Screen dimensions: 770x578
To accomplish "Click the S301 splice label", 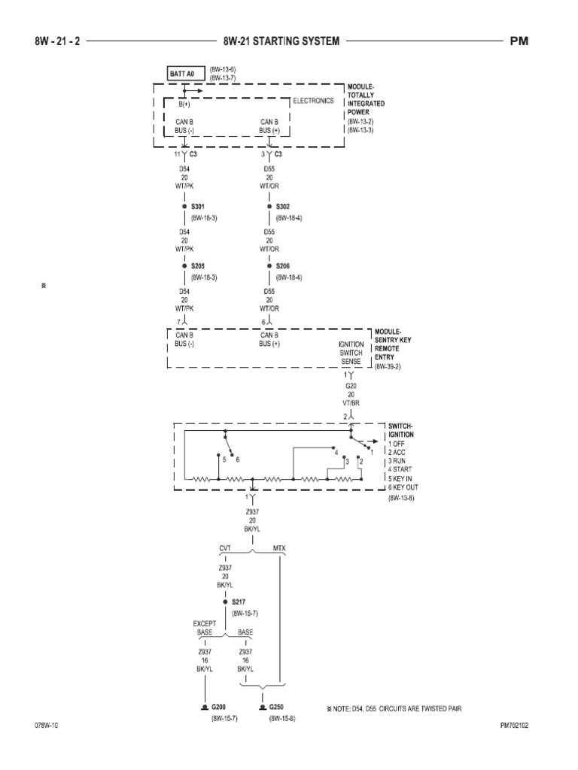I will pyautogui.click(x=198, y=206).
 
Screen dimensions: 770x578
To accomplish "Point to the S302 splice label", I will pyautogui.click(x=283, y=206).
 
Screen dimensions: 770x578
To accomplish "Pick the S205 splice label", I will pyautogui.click(x=198, y=265).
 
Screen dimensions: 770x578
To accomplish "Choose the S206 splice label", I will pyautogui.click(x=283, y=265).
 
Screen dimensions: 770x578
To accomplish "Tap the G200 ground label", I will pyautogui.click(x=219, y=708).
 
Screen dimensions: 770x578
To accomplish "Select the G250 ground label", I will pyautogui.click(x=278, y=708).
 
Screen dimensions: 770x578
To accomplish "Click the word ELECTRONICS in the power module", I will pyautogui.click(x=313, y=101).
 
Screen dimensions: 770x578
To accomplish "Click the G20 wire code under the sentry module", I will pyautogui.click(x=350, y=386).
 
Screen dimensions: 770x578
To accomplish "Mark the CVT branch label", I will pyautogui.click(x=225, y=548).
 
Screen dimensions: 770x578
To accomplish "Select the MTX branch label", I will pyautogui.click(x=279, y=548).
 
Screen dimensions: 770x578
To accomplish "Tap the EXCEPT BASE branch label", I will pyautogui.click(x=205, y=628).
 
